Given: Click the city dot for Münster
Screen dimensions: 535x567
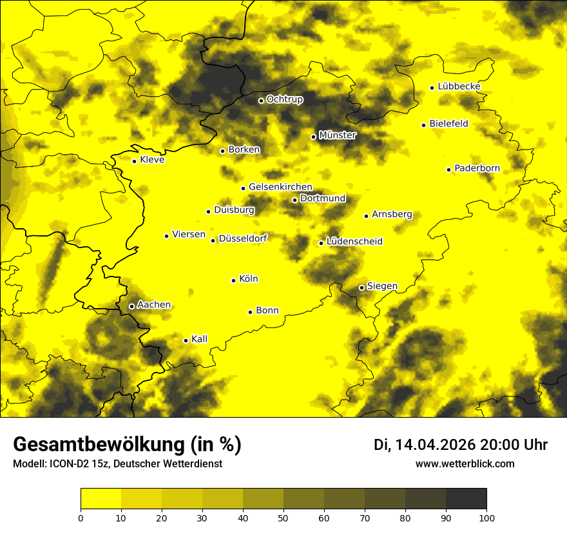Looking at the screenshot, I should pyautogui.click(x=314, y=137).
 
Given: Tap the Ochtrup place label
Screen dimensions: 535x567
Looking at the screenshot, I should pyautogui.click(x=284, y=100).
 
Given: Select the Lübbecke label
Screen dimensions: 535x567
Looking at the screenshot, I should pyautogui.click(x=459, y=86).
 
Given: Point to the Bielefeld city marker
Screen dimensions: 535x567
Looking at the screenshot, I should pyautogui.click(x=424, y=125).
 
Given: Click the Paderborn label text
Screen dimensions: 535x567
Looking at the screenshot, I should pyautogui.click(x=477, y=169).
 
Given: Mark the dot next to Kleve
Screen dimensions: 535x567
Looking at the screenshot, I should pyautogui.click(x=135, y=161).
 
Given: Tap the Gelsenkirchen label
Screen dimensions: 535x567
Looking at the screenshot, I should pyautogui.click(x=280, y=187).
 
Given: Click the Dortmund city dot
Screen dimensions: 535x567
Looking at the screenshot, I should pyautogui.click(x=295, y=200).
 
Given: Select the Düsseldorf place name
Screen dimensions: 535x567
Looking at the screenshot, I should pyautogui.click(x=242, y=238).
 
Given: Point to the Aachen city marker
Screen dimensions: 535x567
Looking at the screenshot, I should pyautogui.click(x=132, y=306).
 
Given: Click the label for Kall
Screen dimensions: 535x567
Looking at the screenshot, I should pyautogui.click(x=199, y=339).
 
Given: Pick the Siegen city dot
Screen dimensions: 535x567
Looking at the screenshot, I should pyautogui.click(x=362, y=287).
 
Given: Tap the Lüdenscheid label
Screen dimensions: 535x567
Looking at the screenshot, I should pyautogui.click(x=354, y=242).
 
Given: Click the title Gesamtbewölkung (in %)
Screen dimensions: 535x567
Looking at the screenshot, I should pyautogui.click(x=127, y=445).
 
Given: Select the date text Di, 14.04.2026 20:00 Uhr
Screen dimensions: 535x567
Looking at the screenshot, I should pyautogui.click(x=461, y=445).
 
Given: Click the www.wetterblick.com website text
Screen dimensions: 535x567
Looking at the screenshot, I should pyautogui.click(x=465, y=464).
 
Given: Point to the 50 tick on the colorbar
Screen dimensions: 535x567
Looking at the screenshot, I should pyautogui.click(x=283, y=517).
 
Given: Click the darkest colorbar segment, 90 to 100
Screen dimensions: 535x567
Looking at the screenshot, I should pyautogui.click(x=466, y=499).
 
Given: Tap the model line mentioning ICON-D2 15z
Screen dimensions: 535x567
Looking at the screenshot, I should pyautogui.click(x=117, y=464).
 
